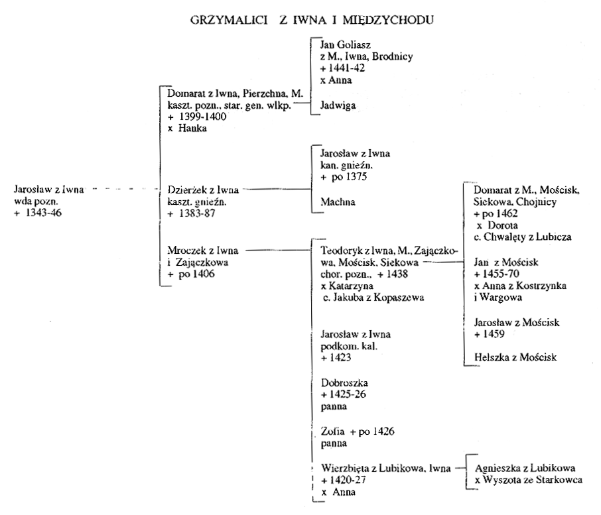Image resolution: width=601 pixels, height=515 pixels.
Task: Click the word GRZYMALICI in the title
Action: [229, 20]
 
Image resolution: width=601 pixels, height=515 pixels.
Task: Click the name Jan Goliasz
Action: [346, 45]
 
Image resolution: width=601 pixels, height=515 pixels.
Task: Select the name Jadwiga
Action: [338, 105]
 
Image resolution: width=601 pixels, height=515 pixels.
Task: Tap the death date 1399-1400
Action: [203, 117]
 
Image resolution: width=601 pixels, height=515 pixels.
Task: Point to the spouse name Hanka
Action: [192, 129]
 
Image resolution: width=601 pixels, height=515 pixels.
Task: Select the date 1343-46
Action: [43, 213]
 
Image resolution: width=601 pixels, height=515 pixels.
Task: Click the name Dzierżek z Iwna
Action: [203, 190]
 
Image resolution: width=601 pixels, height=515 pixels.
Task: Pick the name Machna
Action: [338, 201]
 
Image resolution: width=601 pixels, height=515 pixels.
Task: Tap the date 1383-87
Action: [197, 213]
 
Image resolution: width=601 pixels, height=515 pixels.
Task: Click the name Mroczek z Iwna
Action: [203, 251]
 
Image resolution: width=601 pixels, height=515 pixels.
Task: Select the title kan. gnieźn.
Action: [346, 166]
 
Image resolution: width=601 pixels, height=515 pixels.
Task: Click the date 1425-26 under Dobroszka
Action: [348, 394]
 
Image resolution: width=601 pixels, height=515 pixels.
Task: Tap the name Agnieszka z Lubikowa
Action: [525, 468]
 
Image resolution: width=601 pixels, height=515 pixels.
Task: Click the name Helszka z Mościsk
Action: [515, 357]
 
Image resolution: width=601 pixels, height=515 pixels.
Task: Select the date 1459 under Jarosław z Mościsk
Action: [494, 334]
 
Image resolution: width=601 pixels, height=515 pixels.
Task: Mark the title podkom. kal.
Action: [349, 346]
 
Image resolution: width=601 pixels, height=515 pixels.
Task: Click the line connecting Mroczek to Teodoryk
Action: [277, 251]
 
